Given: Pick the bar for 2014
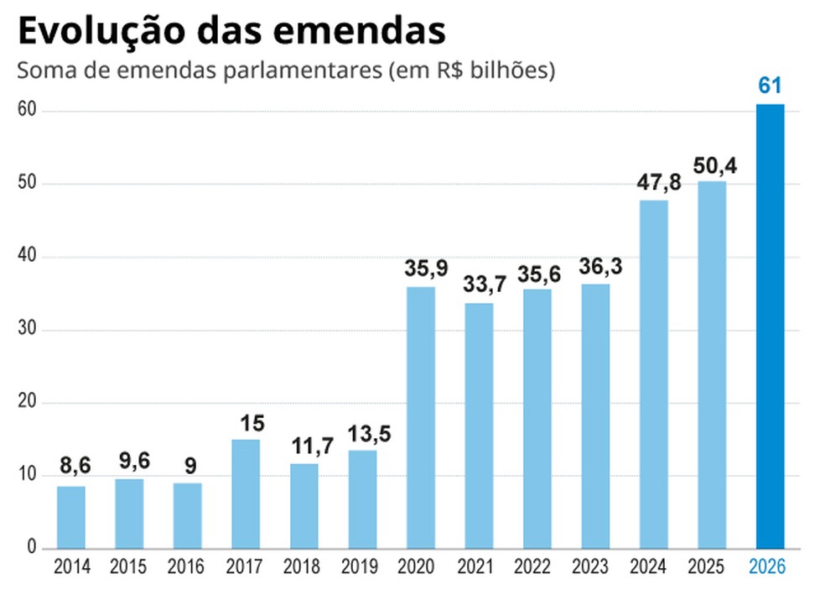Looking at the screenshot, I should (71, 517).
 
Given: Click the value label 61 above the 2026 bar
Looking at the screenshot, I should (770, 86).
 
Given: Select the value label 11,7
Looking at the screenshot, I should (304, 446).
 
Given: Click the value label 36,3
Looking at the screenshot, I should (595, 265).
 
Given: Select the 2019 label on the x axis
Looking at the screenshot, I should (362, 567).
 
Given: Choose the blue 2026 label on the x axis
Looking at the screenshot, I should (770, 567).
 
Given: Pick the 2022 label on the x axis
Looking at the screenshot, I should (537, 567).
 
